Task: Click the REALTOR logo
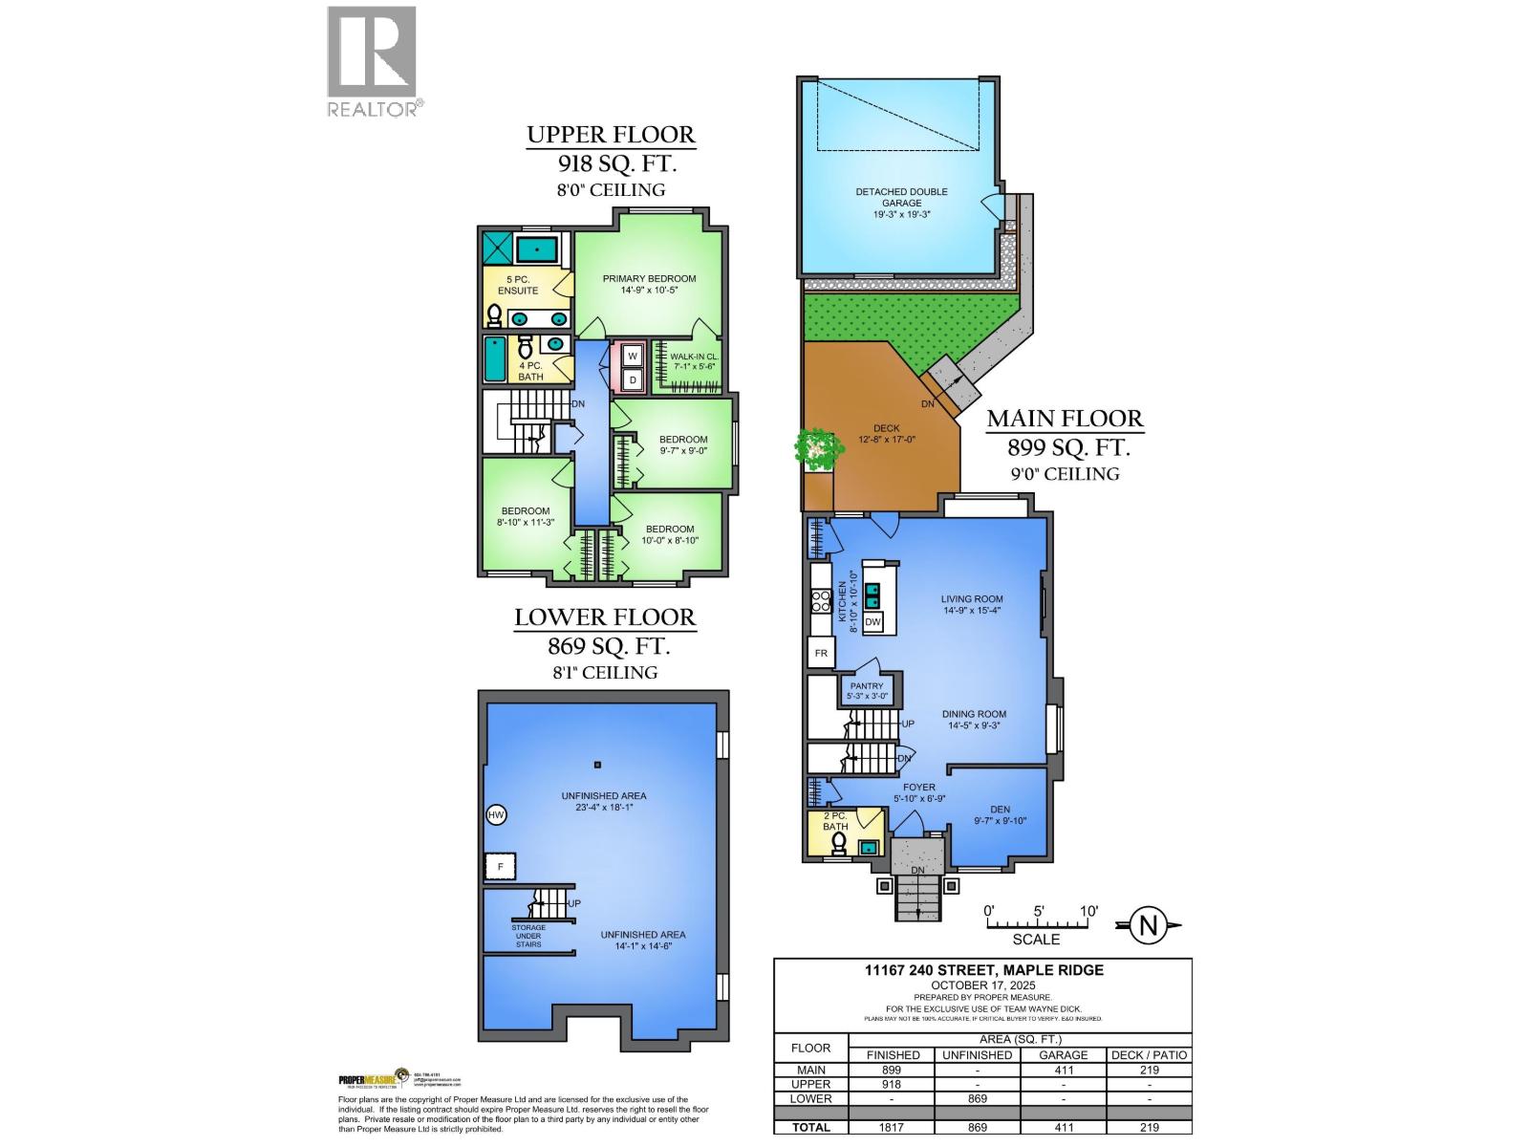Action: click(x=372, y=61)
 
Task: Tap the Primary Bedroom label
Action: click(x=649, y=284)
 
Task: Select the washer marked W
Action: click(x=633, y=357)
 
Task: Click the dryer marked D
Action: click(x=633, y=380)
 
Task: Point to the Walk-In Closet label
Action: click(x=694, y=361)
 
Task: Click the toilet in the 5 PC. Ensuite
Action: click(x=495, y=315)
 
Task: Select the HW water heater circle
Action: click(x=496, y=815)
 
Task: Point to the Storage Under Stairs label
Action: click(x=528, y=936)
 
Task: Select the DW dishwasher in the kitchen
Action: click(x=872, y=622)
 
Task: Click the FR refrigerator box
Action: click(x=821, y=654)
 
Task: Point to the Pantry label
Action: click(x=867, y=691)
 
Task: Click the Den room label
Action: click(x=1000, y=814)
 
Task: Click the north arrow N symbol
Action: click(x=1150, y=924)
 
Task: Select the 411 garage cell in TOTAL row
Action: click(x=1063, y=1128)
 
